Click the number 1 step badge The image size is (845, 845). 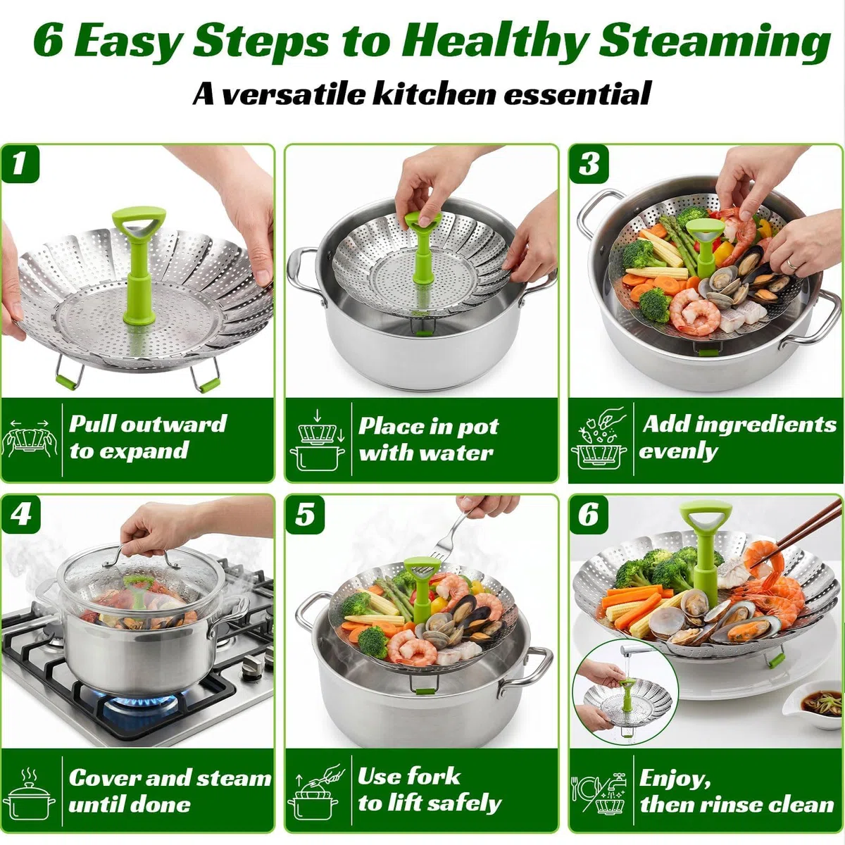(20, 163)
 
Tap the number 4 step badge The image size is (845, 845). (20, 514)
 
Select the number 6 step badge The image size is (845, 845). (589, 514)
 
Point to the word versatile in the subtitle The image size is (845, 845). (294, 94)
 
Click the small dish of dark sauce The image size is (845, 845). (815, 703)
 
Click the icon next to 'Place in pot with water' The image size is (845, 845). (317, 440)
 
